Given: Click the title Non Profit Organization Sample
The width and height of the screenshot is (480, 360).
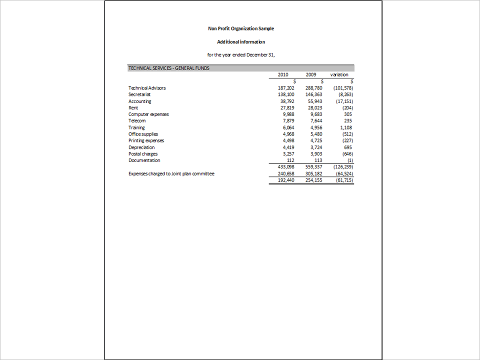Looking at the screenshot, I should pos(241,29).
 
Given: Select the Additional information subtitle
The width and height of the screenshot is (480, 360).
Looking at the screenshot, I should pos(241,42).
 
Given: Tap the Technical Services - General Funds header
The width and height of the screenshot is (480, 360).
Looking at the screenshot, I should pos(169,68).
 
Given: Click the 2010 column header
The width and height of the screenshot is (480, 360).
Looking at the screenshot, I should pos(283,74).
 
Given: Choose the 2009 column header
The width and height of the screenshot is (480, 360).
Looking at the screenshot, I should pos(311,74).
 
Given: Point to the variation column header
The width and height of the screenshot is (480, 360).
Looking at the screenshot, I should pos(339,74).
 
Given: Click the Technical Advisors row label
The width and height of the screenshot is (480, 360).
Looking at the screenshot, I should pos(147,88).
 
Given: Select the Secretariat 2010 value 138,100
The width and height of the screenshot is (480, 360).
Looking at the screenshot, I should pos(286,94).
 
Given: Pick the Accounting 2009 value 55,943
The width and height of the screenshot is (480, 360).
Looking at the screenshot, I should pos(315,101).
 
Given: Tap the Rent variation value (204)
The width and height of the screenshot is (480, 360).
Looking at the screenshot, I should pos(347,107).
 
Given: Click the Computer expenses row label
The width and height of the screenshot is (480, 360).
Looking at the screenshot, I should pos(148,114).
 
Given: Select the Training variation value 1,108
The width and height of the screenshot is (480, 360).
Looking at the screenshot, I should pos(345,127).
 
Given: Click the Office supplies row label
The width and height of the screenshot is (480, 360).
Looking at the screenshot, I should pos(143,134).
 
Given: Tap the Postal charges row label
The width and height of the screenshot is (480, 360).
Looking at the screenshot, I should pos(143,154).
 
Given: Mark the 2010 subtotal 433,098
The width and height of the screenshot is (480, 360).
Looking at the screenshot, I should pos(286,166).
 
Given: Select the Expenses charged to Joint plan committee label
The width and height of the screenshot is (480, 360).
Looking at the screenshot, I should pos(171,174).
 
